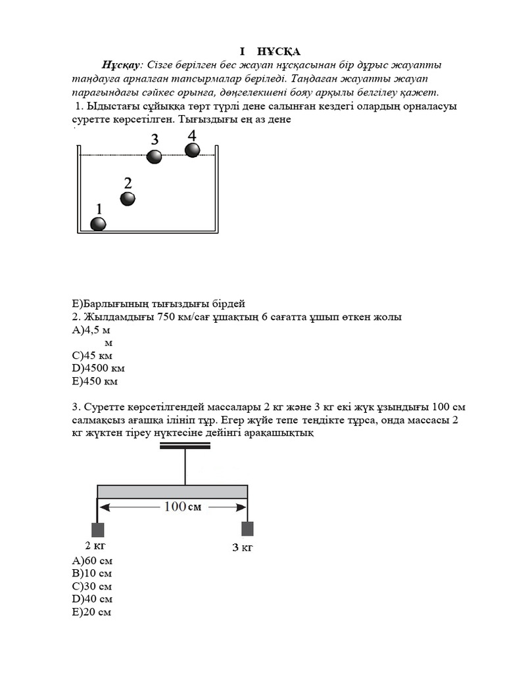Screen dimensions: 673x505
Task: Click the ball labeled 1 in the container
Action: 98,224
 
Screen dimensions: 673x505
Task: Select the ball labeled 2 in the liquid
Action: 128,198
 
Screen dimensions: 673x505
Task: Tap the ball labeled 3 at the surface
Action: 154,156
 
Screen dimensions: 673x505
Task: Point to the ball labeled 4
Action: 192,150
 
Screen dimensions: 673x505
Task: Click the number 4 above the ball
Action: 192,135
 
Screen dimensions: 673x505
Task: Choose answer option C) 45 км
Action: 92,356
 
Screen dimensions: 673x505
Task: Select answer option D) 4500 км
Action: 99,368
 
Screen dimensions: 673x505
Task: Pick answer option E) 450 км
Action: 95,381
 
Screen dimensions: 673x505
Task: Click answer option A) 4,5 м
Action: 91,330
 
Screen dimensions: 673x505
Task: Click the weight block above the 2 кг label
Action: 97,530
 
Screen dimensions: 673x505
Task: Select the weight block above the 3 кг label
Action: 247,529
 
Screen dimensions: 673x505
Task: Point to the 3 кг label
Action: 242,547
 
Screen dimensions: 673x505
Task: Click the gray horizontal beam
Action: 172,492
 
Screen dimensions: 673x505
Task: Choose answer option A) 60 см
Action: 93,561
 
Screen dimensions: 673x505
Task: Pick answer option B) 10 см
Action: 93,573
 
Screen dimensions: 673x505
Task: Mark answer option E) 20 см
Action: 92,612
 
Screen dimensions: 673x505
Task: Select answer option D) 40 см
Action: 93,599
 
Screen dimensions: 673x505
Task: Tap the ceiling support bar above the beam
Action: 185,446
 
